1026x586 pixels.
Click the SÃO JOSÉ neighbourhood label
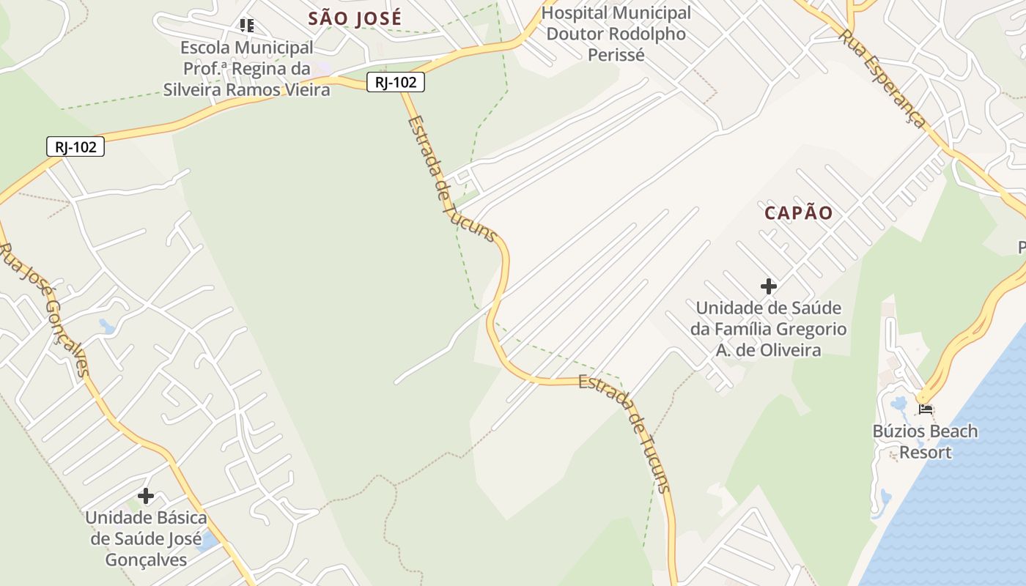(355, 18)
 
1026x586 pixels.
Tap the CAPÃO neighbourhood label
(799, 213)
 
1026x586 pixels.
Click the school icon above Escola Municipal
(247, 26)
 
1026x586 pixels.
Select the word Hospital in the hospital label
(575, 13)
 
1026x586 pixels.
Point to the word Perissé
(616, 55)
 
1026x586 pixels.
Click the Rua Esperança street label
(882, 78)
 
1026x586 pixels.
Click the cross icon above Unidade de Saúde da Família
(768, 286)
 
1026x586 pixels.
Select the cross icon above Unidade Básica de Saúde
(146, 496)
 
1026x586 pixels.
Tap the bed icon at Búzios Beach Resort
(926, 409)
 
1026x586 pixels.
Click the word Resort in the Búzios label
(926, 452)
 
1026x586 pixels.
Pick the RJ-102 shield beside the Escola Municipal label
(396, 83)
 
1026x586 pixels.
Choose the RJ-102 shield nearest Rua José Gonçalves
(75, 147)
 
